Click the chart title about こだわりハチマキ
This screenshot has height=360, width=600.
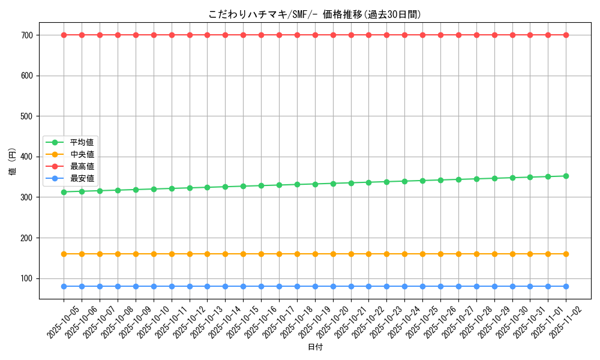tap(314, 14)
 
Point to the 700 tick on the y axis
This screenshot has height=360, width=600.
tap(28, 35)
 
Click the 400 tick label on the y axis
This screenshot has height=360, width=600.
tap(28, 157)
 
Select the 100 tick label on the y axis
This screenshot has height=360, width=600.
tap(28, 278)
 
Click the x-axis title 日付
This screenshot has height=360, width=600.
tap(314, 347)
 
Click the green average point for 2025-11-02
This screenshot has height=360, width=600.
tap(566, 176)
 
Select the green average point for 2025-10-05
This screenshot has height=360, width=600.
tap(64, 192)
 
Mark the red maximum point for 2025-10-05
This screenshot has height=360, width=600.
tap(64, 35)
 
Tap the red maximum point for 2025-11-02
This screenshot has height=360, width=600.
tap(566, 35)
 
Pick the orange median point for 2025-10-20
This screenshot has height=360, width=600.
tap(333, 254)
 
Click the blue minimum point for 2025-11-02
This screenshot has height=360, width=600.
tap(566, 286)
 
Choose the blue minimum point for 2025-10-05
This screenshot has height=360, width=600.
tap(64, 286)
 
